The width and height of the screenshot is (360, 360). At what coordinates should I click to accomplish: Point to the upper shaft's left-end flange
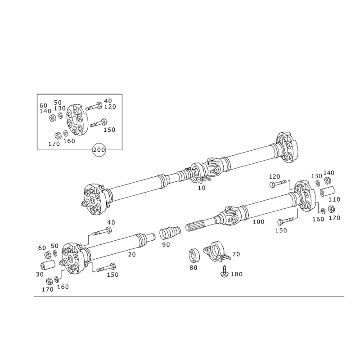click(x=96, y=198)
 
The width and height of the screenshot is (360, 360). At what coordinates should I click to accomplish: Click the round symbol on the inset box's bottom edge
click(x=98, y=149)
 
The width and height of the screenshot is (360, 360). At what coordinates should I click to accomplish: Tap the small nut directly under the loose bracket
click(x=223, y=272)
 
